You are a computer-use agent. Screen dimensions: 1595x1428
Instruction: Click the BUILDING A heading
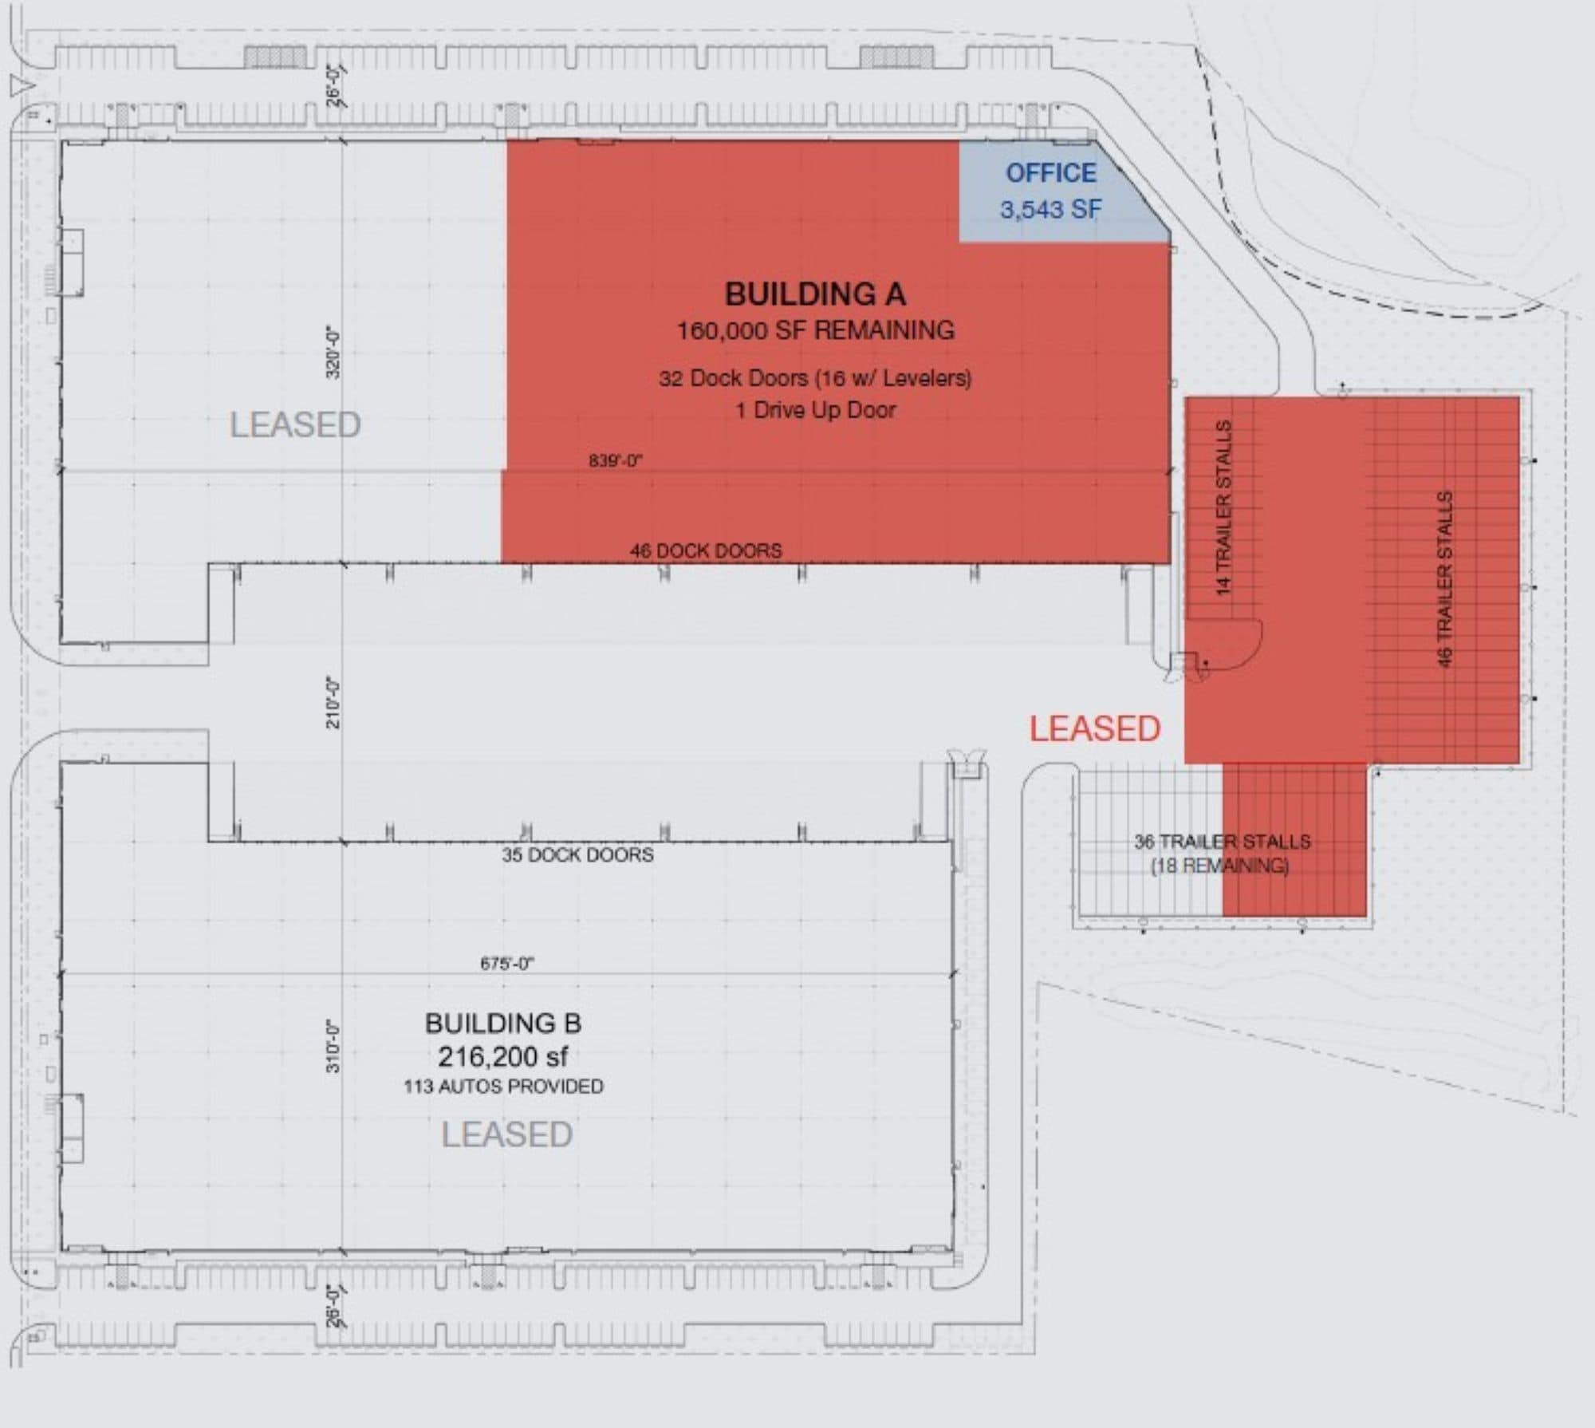click(x=815, y=294)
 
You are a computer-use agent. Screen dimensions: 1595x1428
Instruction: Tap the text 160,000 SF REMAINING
click(x=815, y=330)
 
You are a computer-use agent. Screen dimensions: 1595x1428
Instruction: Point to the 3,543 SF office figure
click(x=1050, y=210)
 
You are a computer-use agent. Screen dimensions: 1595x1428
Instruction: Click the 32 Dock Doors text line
click(x=815, y=377)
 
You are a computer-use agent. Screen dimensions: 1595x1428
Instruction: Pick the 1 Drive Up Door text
click(x=815, y=410)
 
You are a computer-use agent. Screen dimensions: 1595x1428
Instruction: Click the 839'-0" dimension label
click(x=616, y=460)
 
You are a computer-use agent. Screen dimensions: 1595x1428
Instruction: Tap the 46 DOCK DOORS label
click(x=706, y=550)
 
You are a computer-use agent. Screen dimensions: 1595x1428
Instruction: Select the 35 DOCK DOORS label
click(x=577, y=854)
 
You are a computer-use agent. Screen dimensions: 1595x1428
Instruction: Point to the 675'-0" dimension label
click(x=507, y=964)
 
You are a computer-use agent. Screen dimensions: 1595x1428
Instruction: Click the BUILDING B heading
click(x=503, y=1023)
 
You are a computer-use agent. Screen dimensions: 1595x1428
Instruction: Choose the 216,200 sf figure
click(x=503, y=1057)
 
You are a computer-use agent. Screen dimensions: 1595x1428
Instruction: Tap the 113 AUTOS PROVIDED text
click(x=503, y=1087)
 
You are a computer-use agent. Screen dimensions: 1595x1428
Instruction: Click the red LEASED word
click(x=1094, y=729)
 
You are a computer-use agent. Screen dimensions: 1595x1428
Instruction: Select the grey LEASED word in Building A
click(x=295, y=424)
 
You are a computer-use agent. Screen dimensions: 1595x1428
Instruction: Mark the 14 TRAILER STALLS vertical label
click(x=1224, y=508)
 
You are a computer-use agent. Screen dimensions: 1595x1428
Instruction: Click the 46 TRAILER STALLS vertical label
click(x=1444, y=579)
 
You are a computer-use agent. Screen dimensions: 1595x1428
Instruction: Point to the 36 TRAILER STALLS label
click(x=1223, y=842)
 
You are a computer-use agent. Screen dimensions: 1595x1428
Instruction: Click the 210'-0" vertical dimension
click(x=333, y=702)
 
